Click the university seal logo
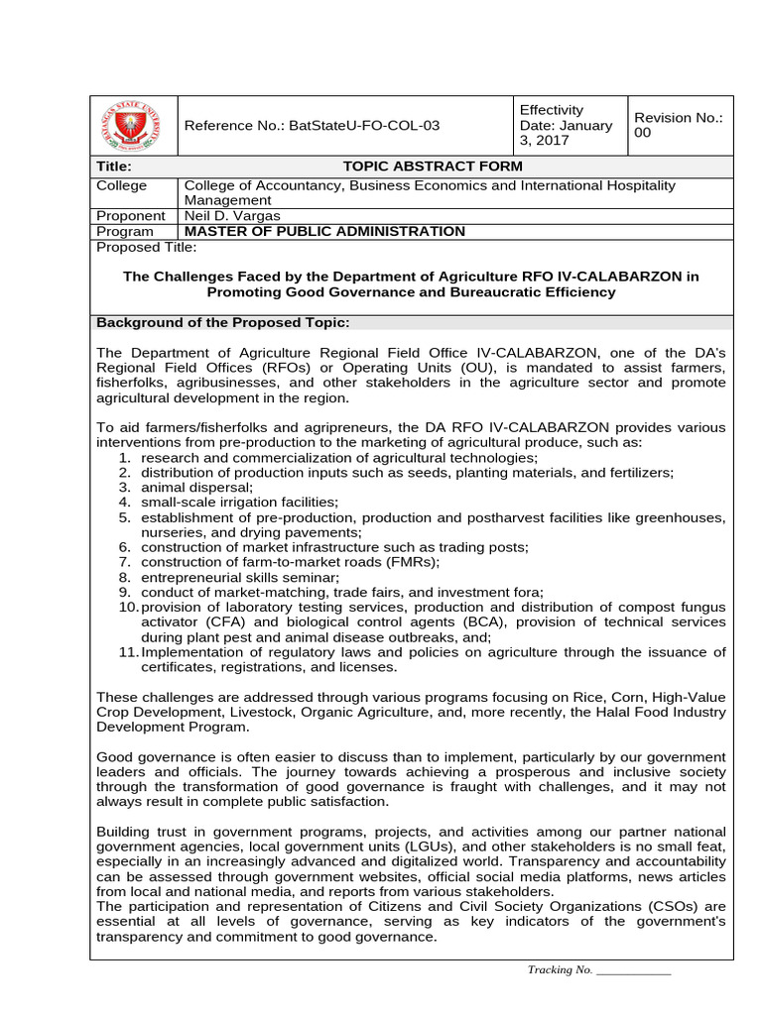tap(133, 126)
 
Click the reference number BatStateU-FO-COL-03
tap(312, 126)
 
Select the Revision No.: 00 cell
tap(679, 125)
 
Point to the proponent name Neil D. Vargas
tap(232, 215)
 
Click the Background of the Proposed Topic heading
tap(222, 323)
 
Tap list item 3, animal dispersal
tap(196, 487)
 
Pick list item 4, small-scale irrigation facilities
tap(239, 502)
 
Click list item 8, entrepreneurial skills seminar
tap(240, 577)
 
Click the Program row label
tap(125, 231)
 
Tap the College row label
tap(121, 185)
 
